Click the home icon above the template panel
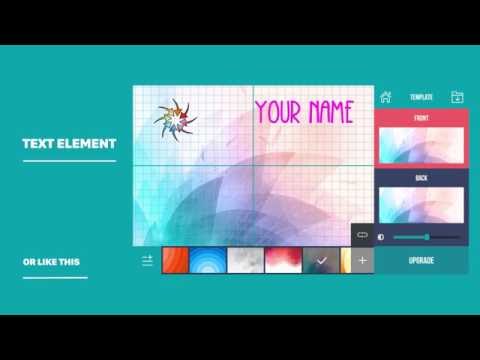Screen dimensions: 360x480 (x=385, y=97)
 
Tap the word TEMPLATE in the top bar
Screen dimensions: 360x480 (x=421, y=97)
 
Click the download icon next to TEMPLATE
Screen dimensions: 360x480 (x=457, y=97)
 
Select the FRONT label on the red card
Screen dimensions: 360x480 (x=421, y=118)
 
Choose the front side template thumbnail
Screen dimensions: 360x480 (x=421, y=144)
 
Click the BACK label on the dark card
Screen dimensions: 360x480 (x=421, y=177)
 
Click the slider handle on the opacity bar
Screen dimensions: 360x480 (x=427, y=237)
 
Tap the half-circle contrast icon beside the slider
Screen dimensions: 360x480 (x=381, y=237)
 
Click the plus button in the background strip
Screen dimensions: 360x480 (x=362, y=260)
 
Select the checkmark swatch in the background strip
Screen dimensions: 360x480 (x=321, y=260)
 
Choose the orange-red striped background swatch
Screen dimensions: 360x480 (x=175, y=260)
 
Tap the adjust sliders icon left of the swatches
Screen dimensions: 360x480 (x=148, y=260)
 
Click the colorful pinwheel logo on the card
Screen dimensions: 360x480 (x=175, y=119)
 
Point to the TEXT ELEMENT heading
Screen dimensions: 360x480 (x=69, y=144)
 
